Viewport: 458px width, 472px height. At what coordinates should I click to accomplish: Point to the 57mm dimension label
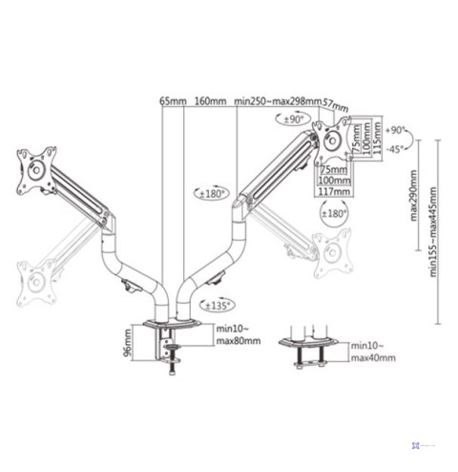click(335, 104)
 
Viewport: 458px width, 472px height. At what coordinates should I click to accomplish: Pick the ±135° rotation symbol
click(218, 306)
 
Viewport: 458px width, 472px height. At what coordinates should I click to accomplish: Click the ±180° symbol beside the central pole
click(211, 194)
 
